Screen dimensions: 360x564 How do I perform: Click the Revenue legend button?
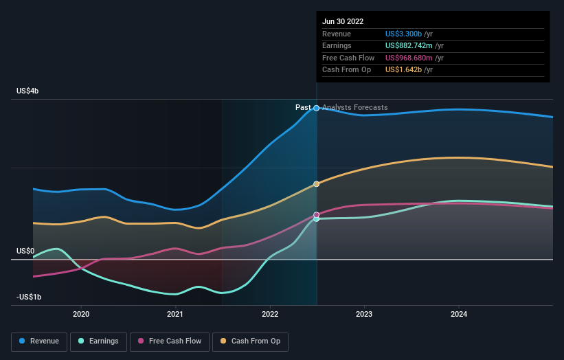(39, 341)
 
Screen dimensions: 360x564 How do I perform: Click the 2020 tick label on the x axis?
(81, 315)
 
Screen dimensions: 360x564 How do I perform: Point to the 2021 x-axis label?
(175, 315)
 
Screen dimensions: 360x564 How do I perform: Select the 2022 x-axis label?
(270, 315)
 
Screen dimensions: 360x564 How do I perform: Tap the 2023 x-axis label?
(364, 315)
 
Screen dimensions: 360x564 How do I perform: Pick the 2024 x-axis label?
(459, 315)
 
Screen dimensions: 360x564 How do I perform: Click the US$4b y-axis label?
(28, 91)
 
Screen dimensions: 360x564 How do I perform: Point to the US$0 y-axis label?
(25, 251)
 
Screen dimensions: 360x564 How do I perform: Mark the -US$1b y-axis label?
(28, 297)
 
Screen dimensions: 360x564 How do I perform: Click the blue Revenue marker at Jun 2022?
(317, 108)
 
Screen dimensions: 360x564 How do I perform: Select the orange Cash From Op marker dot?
(317, 184)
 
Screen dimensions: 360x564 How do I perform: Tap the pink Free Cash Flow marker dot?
(317, 215)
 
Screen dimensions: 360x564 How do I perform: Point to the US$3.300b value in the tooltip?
(403, 34)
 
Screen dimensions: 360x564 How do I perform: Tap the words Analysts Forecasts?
(354, 107)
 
